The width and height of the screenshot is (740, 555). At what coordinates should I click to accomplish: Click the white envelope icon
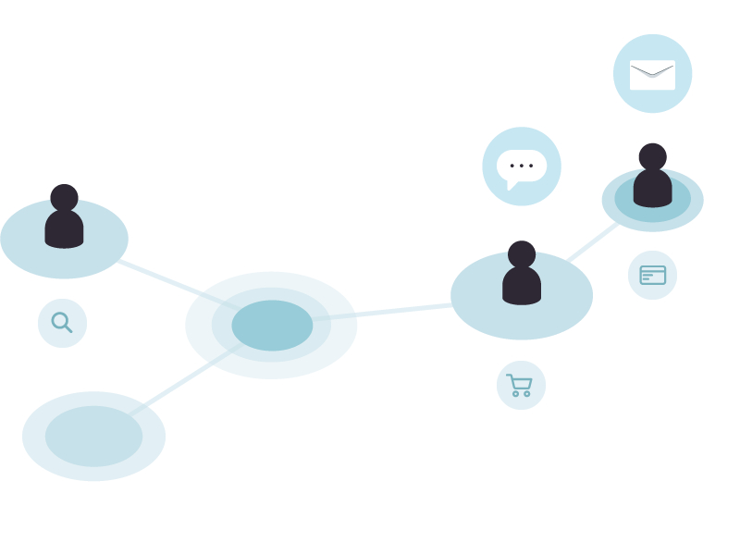point(652,75)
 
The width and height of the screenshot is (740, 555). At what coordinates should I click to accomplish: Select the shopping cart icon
point(521,385)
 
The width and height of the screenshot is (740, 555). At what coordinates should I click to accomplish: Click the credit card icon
point(652,275)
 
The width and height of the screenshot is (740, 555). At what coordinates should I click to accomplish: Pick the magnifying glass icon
point(61,322)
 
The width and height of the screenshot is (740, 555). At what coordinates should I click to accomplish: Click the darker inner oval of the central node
point(272,326)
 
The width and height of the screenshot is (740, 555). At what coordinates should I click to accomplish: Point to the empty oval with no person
point(93,436)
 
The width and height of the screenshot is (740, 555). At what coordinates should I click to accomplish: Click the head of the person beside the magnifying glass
point(64,197)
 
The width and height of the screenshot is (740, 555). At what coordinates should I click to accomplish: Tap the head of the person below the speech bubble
point(522,253)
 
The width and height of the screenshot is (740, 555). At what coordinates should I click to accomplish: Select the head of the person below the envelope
point(652,156)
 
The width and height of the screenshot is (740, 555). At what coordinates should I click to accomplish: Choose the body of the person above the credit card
point(652,189)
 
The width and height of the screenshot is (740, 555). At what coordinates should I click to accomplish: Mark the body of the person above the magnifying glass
point(64,229)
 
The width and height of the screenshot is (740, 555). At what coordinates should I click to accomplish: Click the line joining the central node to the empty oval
point(179,386)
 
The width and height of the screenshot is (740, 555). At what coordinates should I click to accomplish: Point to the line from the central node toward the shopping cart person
point(404,310)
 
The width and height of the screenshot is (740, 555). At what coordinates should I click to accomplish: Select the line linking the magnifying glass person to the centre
point(157,277)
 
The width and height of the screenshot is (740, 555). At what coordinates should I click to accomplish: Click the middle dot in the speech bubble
point(522,166)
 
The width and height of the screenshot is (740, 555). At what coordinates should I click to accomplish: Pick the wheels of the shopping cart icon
point(522,394)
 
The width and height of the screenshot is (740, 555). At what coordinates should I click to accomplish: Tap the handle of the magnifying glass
point(68,328)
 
